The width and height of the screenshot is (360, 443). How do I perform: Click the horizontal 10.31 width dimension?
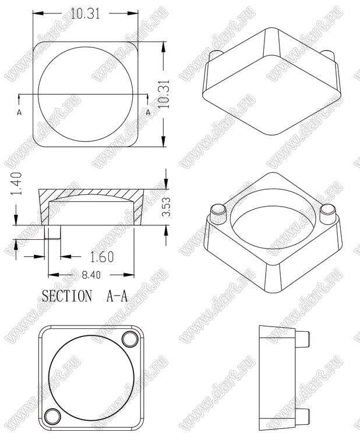[85, 13]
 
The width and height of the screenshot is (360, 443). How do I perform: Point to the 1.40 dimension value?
[16, 183]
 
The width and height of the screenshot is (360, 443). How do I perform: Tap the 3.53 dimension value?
[166, 207]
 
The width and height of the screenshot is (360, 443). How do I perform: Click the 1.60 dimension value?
[102, 257]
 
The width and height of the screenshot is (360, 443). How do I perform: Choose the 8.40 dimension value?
[91, 275]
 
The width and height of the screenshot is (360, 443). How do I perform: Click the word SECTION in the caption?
[67, 296]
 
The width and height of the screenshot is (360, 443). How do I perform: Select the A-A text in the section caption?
[117, 296]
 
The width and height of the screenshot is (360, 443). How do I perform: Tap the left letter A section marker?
[19, 112]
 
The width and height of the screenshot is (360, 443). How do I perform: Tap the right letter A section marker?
[148, 112]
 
